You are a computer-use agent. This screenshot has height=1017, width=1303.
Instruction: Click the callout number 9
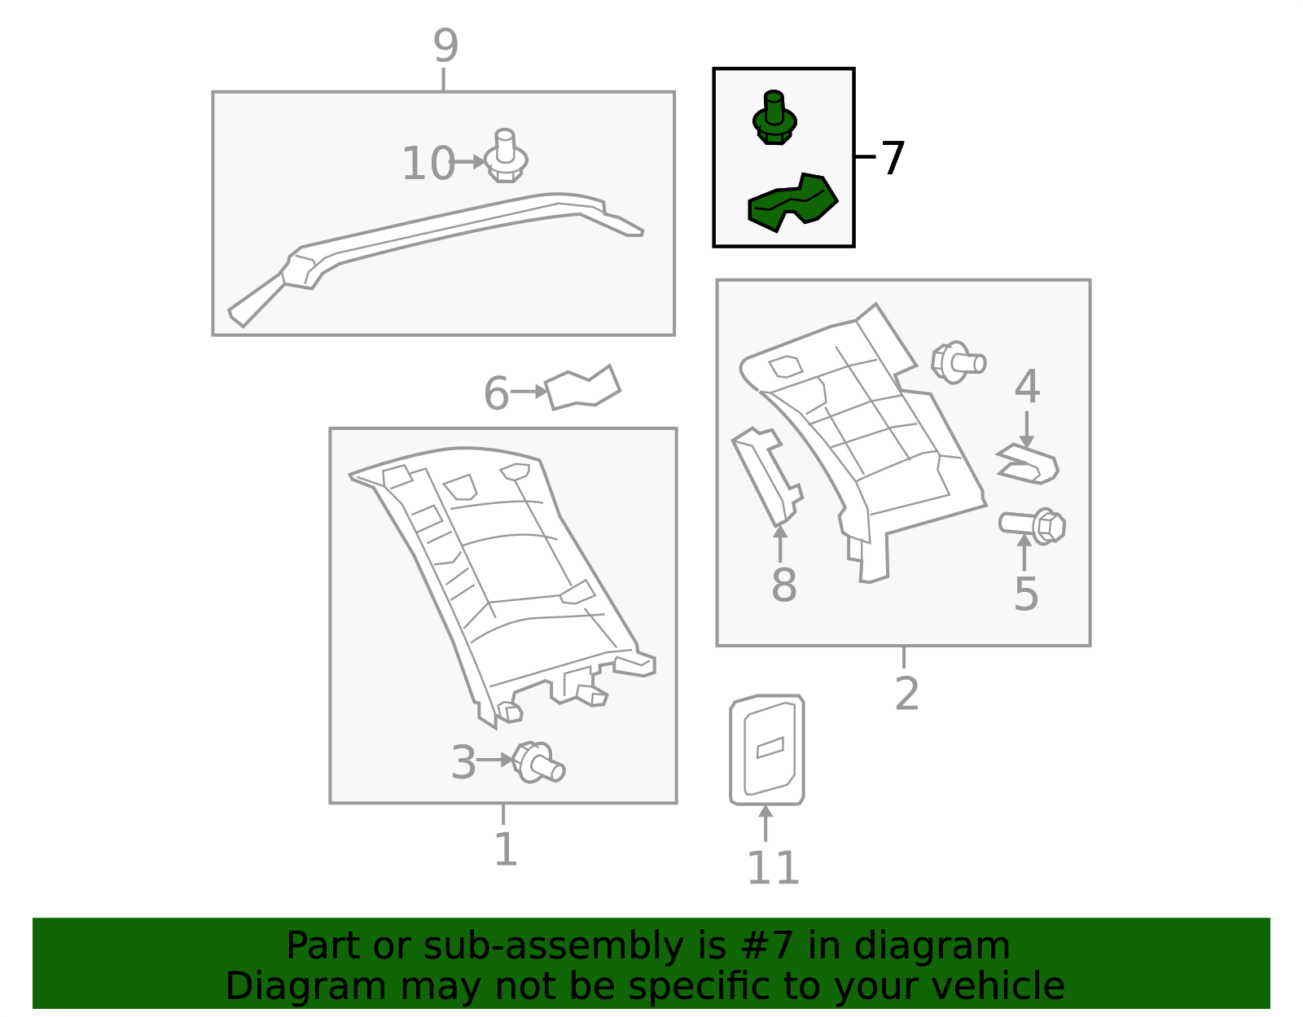point(445,46)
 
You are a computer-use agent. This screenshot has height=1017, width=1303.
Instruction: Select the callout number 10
point(428,163)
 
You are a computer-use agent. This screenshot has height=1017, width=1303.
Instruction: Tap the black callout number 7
point(893,158)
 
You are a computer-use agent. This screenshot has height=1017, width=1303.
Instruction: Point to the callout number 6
point(497,393)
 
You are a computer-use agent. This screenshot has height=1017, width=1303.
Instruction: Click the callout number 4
point(1027,387)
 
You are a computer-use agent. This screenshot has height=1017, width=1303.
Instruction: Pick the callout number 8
point(783,585)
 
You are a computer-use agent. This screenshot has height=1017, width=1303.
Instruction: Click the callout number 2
point(906,694)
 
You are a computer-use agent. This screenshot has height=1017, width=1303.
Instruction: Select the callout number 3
point(463,763)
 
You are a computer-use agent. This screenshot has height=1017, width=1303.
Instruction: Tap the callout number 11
point(773,868)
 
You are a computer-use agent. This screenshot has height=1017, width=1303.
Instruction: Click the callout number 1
point(506,849)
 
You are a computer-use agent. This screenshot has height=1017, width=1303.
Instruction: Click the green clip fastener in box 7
point(774,119)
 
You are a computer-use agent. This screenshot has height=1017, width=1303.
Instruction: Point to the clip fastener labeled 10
point(506,156)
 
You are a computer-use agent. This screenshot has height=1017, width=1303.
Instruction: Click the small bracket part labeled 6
point(582,388)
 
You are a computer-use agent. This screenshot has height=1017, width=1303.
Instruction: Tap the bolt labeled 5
point(1032,525)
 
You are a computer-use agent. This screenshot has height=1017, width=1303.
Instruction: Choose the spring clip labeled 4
point(1028,464)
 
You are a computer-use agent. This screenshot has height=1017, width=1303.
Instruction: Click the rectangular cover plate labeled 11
point(767,750)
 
